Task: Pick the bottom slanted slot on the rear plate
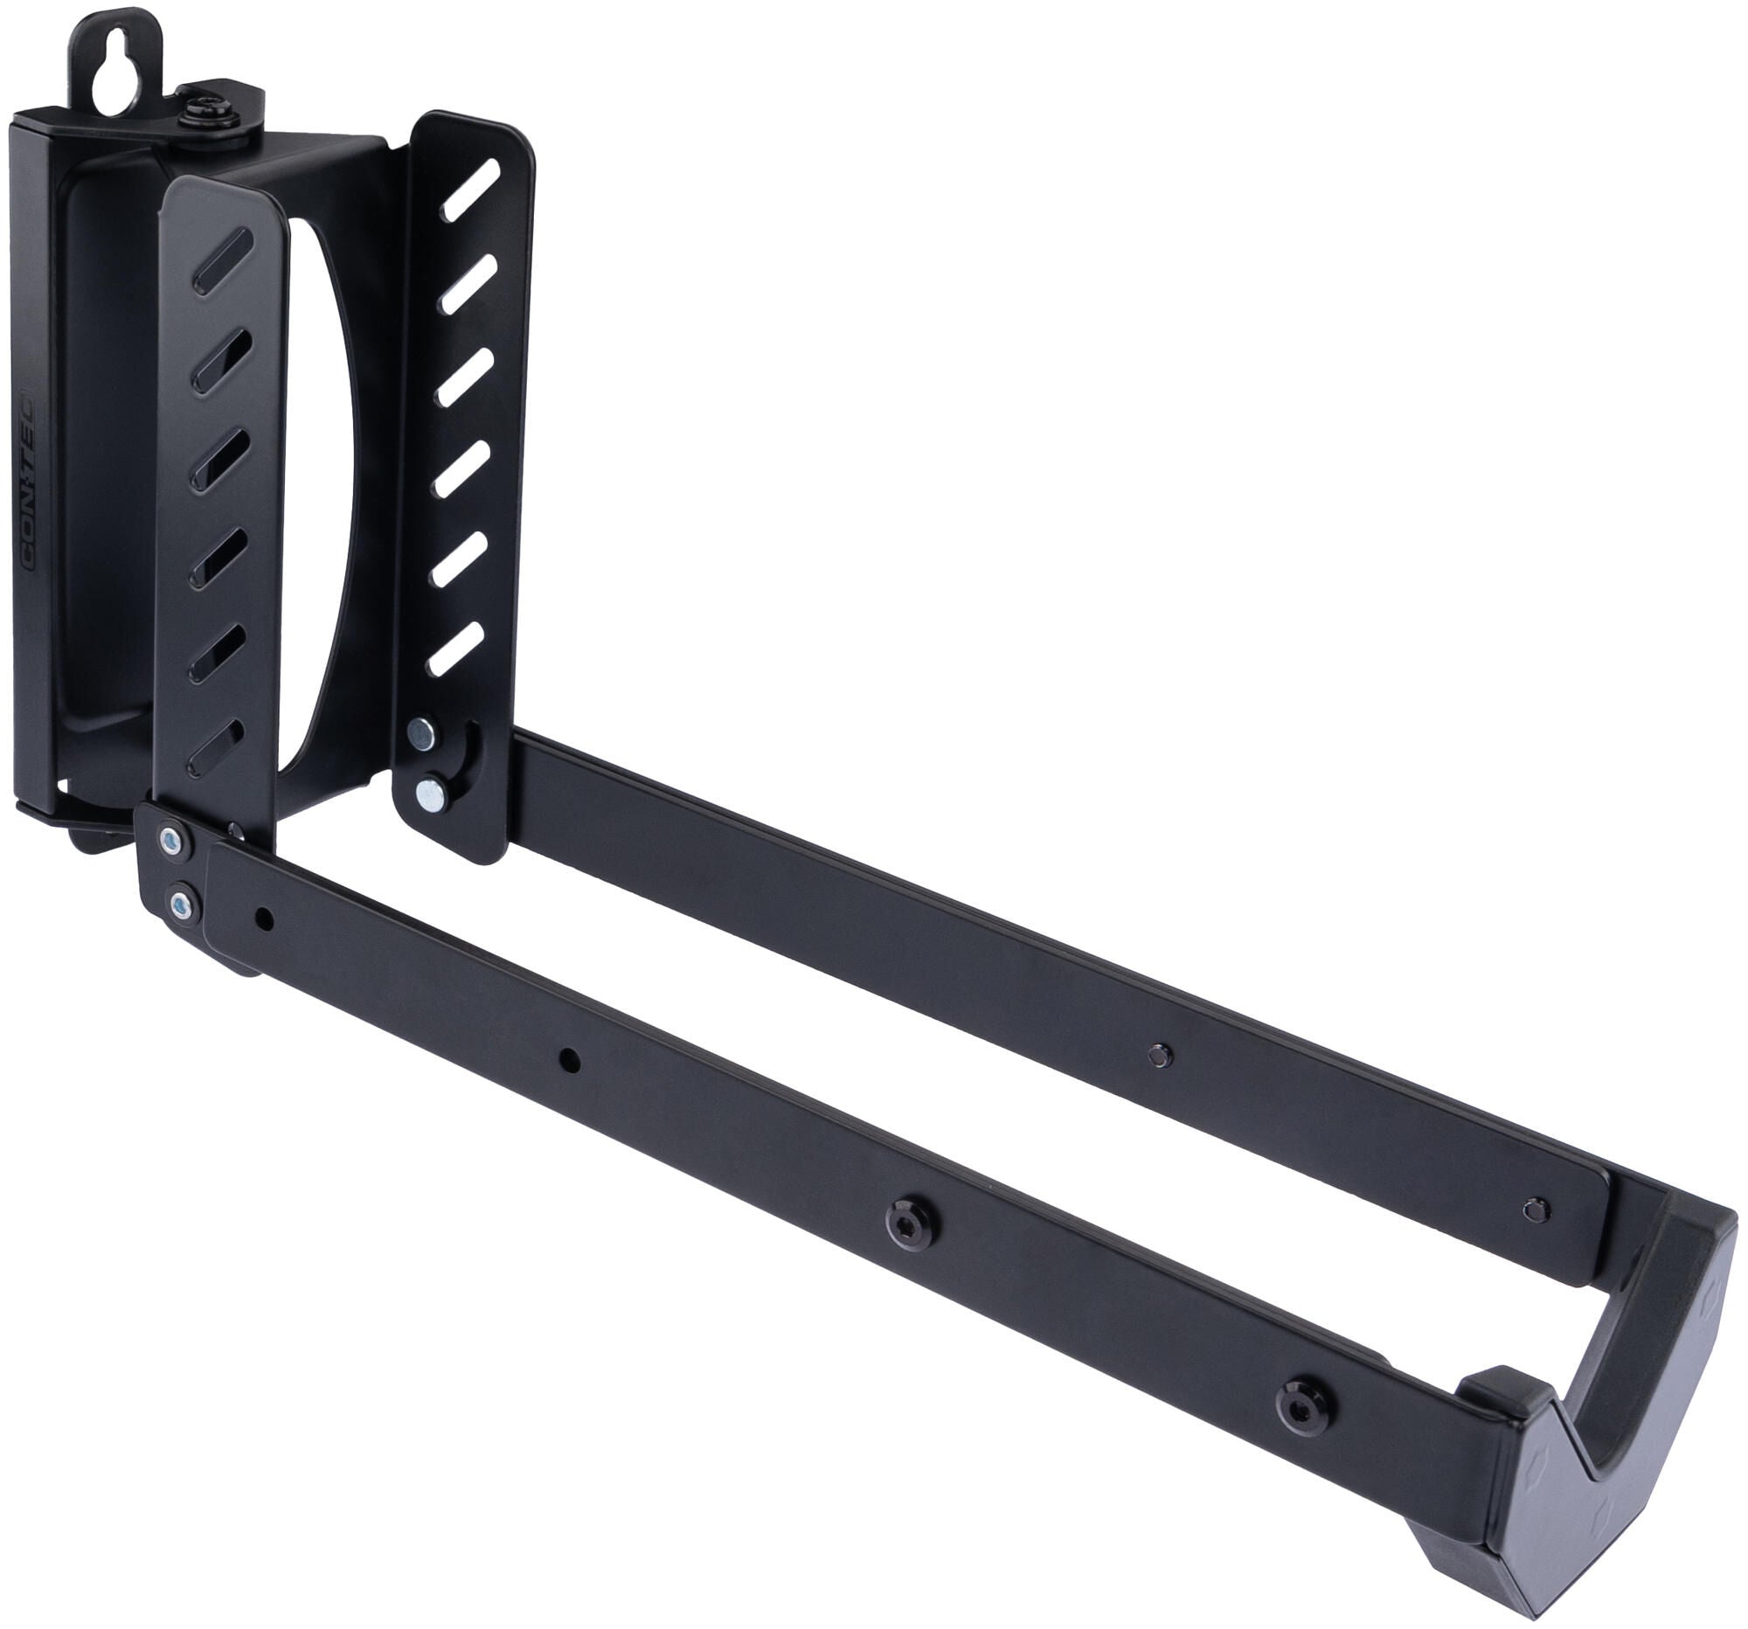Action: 455,649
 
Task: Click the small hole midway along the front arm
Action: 570,1061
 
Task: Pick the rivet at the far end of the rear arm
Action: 1536,1210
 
